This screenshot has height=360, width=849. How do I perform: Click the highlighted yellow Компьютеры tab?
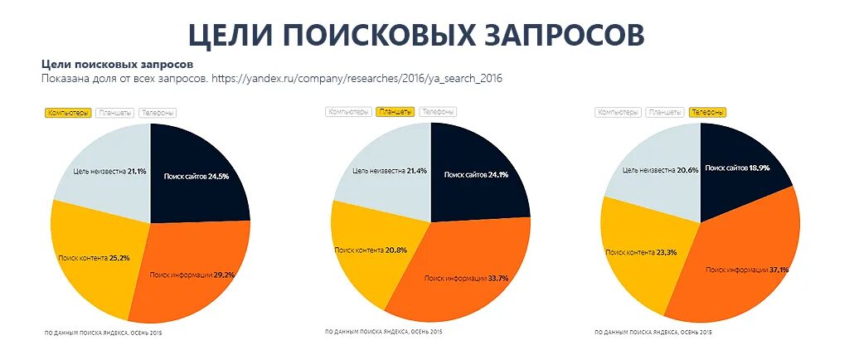68,113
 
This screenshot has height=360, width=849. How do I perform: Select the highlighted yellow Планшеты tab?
394,112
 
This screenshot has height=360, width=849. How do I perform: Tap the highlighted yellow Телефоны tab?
707,112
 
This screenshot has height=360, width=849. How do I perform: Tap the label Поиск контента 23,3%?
640,251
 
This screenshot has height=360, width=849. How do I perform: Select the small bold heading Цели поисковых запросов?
117,64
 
